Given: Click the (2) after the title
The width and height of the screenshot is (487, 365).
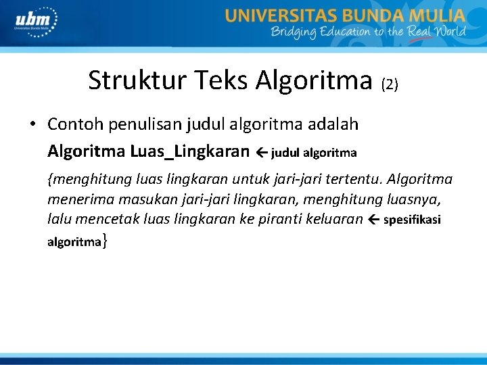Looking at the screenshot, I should click(390, 84).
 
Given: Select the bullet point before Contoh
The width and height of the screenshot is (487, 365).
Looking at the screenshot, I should click(32, 125).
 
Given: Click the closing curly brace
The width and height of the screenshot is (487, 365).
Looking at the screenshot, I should click(103, 241).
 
